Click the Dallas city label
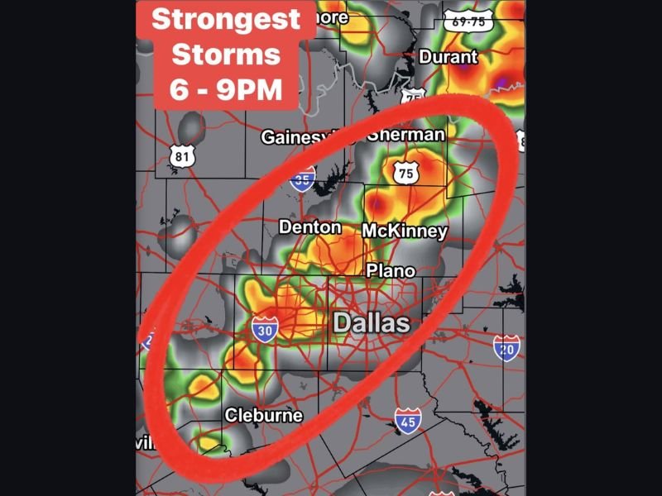click(x=372, y=322)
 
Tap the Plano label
click(x=391, y=270)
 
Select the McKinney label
click(x=405, y=231)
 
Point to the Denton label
click(x=309, y=227)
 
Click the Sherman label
click(x=406, y=134)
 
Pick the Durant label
click(x=449, y=57)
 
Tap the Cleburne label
click(x=264, y=415)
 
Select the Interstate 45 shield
click(x=408, y=422)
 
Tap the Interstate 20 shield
click(x=506, y=348)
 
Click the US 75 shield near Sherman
click(x=405, y=173)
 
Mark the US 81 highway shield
click(x=181, y=155)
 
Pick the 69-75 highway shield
click(x=467, y=21)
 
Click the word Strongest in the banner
click(x=226, y=19)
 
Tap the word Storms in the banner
click(x=226, y=55)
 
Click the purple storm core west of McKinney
click(x=377, y=201)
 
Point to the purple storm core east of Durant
click(x=502, y=80)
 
